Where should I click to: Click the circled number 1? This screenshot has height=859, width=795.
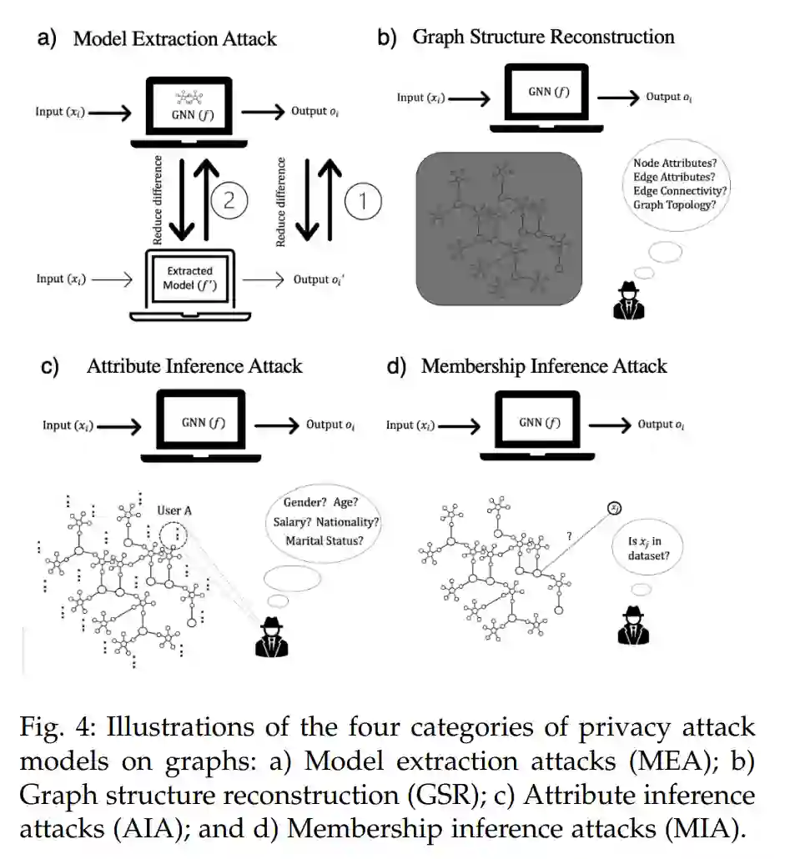click(361, 201)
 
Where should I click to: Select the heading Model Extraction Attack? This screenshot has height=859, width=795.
click(174, 38)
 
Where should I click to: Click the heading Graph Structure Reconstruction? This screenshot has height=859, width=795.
click(543, 37)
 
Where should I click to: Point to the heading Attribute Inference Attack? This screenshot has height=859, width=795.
click(194, 366)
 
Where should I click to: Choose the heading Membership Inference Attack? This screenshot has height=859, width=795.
click(544, 366)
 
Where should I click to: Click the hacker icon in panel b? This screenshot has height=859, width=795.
click(630, 301)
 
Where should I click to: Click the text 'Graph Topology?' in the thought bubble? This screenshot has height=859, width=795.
click(674, 203)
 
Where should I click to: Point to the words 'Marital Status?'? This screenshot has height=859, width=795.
click(325, 540)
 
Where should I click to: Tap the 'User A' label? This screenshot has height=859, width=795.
click(175, 510)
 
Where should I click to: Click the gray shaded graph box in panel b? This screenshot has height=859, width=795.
click(498, 227)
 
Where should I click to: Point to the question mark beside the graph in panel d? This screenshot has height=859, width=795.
click(568, 536)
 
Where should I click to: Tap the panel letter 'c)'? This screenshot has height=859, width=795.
click(51, 367)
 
